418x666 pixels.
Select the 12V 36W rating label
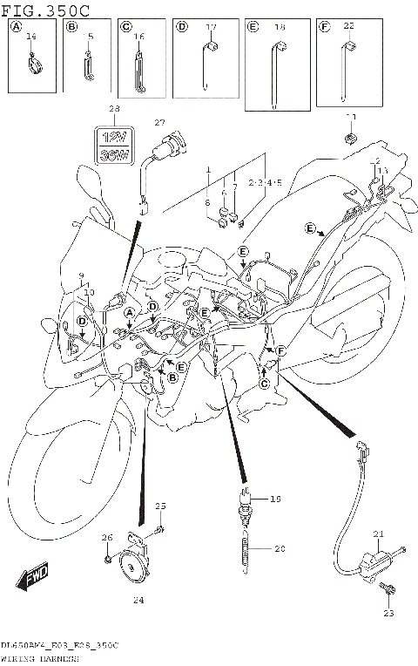click(x=113, y=144)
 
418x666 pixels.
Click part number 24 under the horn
click(x=138, y=600)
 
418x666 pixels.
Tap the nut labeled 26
click(x=106, y=559)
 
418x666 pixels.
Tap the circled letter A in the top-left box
click(x=15, y=27)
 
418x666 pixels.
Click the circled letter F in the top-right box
click(x=324, y=27)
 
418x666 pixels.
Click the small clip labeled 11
click(x=352, y=137)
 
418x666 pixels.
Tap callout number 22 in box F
click(x=348, y=27)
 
